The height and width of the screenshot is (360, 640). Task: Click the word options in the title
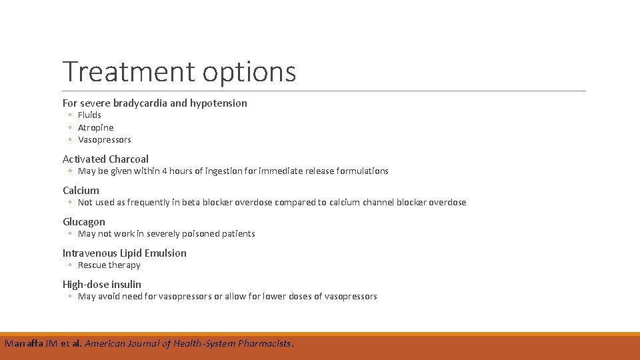(x=249, y=73)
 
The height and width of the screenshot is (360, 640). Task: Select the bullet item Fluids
(x=89, y=115)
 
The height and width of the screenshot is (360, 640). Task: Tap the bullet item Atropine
(x=95, y=127)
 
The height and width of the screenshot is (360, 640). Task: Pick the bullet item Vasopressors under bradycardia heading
(x=104, y=140)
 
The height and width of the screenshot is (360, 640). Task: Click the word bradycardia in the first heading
(x=141, y=103)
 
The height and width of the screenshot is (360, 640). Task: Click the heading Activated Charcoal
(x=105, y=159)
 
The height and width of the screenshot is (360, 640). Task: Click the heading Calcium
(x=81, y=190)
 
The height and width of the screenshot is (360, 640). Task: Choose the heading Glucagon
(x=84, y=221)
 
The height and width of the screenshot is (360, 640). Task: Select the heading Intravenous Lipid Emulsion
(x=125, y=253)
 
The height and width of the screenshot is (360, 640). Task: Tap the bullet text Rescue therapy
(x=109, y=265)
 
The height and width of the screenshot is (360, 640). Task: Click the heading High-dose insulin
(x=102, y=284)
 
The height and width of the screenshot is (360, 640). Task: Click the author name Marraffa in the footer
(x=24, y=344)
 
